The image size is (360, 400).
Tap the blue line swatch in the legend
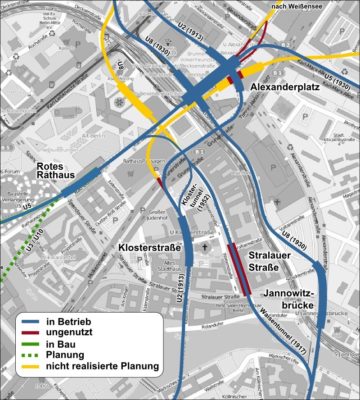coord(29,320)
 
